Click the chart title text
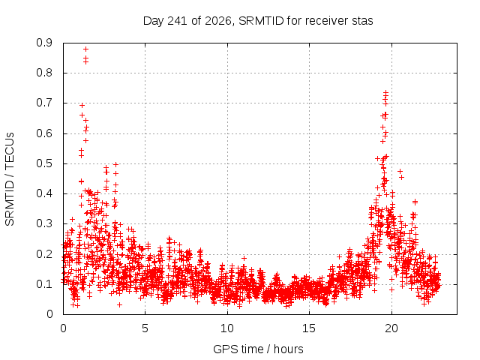point(258,21)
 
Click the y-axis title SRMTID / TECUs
point(10,179)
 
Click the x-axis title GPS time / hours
point(258,349)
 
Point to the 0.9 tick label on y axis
point(44,43)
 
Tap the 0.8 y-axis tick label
point(44,73)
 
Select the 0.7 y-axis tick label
point(44,103)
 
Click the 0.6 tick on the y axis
point(44,133)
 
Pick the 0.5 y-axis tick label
point(44,163)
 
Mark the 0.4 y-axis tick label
point(44,193)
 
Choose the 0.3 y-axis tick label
point(44,223)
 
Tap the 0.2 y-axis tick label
point(44,254)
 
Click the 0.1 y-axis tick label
point(44,284)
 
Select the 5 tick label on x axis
point(145,328)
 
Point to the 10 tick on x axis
point(227,328)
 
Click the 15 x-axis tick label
point(309,328)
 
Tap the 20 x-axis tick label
point(391,328)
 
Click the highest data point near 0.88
point(86,49)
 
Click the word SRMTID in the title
point(261,21)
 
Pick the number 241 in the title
point(178,21)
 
